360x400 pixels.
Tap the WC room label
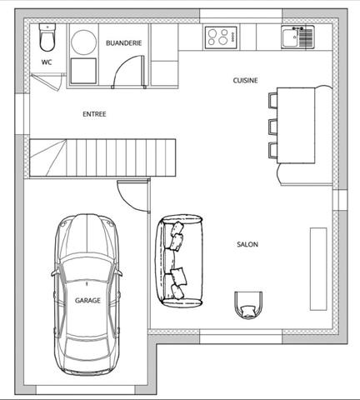point(47,62)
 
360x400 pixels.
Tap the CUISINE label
point(245,81)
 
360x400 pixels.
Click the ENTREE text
point(94,114)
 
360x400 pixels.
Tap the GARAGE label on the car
point(88,300)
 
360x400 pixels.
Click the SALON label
point(247,245)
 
